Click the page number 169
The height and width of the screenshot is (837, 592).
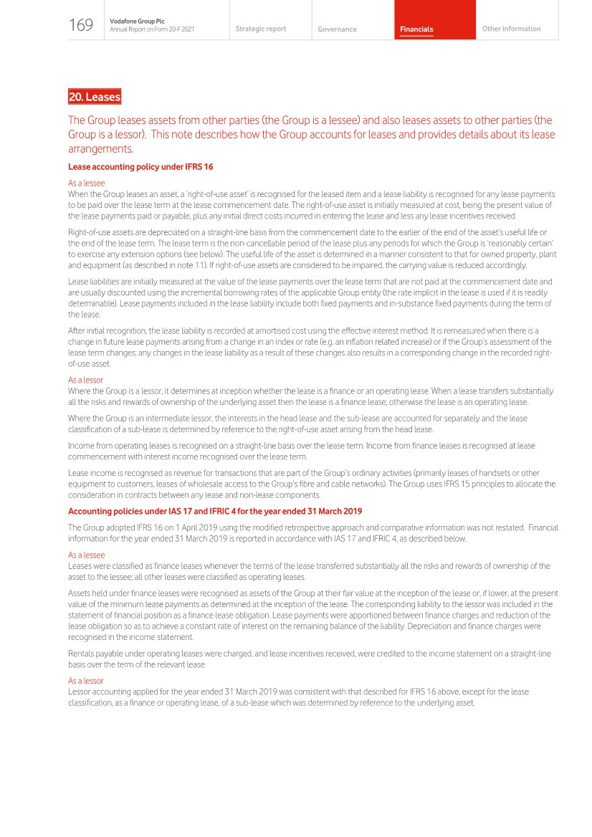tap(81, 26)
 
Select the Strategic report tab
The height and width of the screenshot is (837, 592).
tap(260, 29)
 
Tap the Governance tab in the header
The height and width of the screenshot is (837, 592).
tap(337, 29)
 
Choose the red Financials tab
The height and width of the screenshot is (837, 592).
tap(416, 29)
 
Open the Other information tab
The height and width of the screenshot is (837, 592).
tap(511, 29)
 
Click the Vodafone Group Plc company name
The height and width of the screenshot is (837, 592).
tap(137, 21)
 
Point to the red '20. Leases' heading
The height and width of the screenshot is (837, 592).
tap(94, 97)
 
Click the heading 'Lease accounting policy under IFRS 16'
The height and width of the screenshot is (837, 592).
tap(140, 167)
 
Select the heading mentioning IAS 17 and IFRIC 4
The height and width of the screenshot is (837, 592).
tap(214, 511)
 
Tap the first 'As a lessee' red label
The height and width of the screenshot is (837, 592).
tap(86, 183)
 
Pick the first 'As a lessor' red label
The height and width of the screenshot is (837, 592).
tap(85, 380)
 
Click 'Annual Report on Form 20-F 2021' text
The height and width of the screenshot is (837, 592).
tap(152, 29)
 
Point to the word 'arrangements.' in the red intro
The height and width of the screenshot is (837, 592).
tap(100, 149)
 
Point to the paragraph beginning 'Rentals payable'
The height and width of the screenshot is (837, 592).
tap(307, 659)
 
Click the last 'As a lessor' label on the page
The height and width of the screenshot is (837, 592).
tap(85, 681)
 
